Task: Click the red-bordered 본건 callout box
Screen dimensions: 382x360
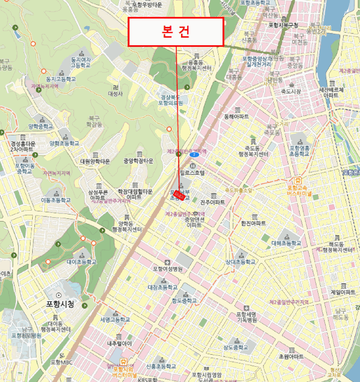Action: [176, 32]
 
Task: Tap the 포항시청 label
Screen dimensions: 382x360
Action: [60, 303]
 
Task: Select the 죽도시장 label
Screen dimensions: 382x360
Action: [291, 92]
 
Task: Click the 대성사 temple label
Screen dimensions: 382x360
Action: [115, 93]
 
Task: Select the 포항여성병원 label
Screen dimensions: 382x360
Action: [167, 268]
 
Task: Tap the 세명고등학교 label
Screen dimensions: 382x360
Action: [115, 319]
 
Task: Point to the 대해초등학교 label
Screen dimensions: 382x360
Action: [286, 243]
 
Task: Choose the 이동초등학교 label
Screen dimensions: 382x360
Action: [56, 200]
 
